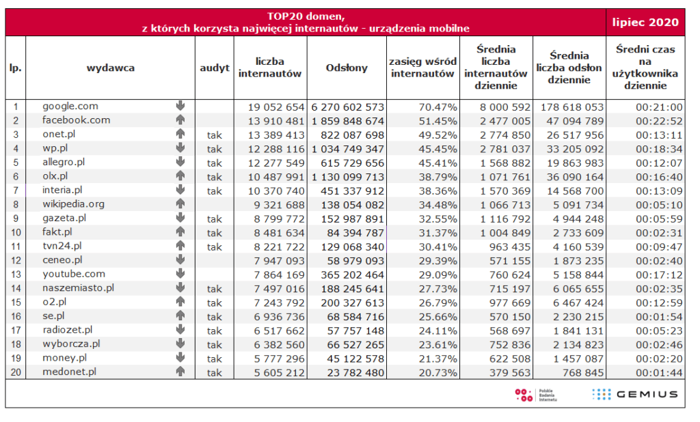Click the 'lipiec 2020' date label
click(645, 23)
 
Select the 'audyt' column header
click(214, 68)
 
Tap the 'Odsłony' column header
click(347, 68)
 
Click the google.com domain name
click(70, 106)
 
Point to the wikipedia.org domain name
click(73, 204)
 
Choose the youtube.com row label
click(74, 274)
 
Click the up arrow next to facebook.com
click(180, 119)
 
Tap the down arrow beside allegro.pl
click(180, 161)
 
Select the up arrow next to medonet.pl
click(180, 371)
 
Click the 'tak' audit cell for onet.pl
click(214, 135)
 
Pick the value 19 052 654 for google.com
click(276, 107)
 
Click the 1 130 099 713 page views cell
click(348, 177)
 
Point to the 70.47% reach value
click(437, 107)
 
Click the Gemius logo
click(635, 394)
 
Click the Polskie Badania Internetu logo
click(536, 395)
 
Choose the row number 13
click(16, 275)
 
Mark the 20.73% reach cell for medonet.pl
click(437, 372)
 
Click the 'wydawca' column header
click(110, 68)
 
